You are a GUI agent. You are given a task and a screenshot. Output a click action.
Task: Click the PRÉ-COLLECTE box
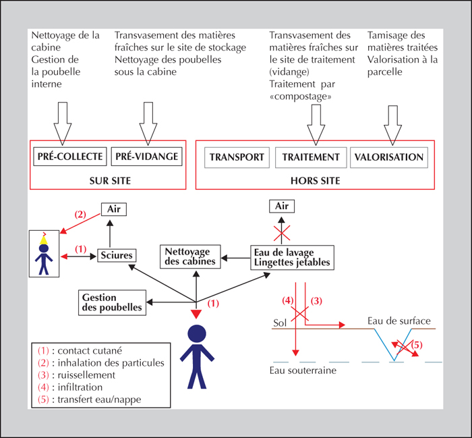coord(70,157)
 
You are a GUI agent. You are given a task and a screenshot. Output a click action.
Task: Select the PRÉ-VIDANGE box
coord(146,157)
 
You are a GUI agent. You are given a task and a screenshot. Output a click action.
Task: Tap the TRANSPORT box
coord(237,157)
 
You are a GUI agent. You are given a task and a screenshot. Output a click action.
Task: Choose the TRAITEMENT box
coord(311,157)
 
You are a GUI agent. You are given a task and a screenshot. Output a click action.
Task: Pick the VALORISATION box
coord(389,157)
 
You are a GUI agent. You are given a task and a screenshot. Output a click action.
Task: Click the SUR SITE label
coord(110,181)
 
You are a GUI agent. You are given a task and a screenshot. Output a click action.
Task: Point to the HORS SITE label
coord(315,181)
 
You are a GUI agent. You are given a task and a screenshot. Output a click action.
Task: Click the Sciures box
coord(117,256)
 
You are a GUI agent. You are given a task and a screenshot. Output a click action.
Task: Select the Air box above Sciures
coord(114,209)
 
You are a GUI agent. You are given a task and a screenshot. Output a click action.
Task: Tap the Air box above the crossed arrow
coord(282,207)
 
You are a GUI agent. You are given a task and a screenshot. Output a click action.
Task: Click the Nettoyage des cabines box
coord(190,256)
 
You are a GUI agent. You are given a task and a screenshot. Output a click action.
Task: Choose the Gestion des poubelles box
coord(112,303)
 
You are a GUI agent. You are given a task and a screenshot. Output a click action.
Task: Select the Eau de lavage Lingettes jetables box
coord(292,258)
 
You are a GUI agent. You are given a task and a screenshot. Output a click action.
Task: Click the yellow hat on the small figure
coord(44,240)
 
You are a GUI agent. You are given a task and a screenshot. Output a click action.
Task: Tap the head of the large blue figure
coord(197,334)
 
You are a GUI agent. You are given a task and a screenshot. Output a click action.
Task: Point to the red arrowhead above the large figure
coord(196,314)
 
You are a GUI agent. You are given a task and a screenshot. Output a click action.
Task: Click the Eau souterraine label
coord(303,371)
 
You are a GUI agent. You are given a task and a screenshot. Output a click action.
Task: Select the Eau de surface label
coord(399,321)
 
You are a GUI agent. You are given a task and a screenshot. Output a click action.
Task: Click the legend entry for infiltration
coord(70,387)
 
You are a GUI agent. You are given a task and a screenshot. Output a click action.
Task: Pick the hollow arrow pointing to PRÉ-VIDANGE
coord(148,124)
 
